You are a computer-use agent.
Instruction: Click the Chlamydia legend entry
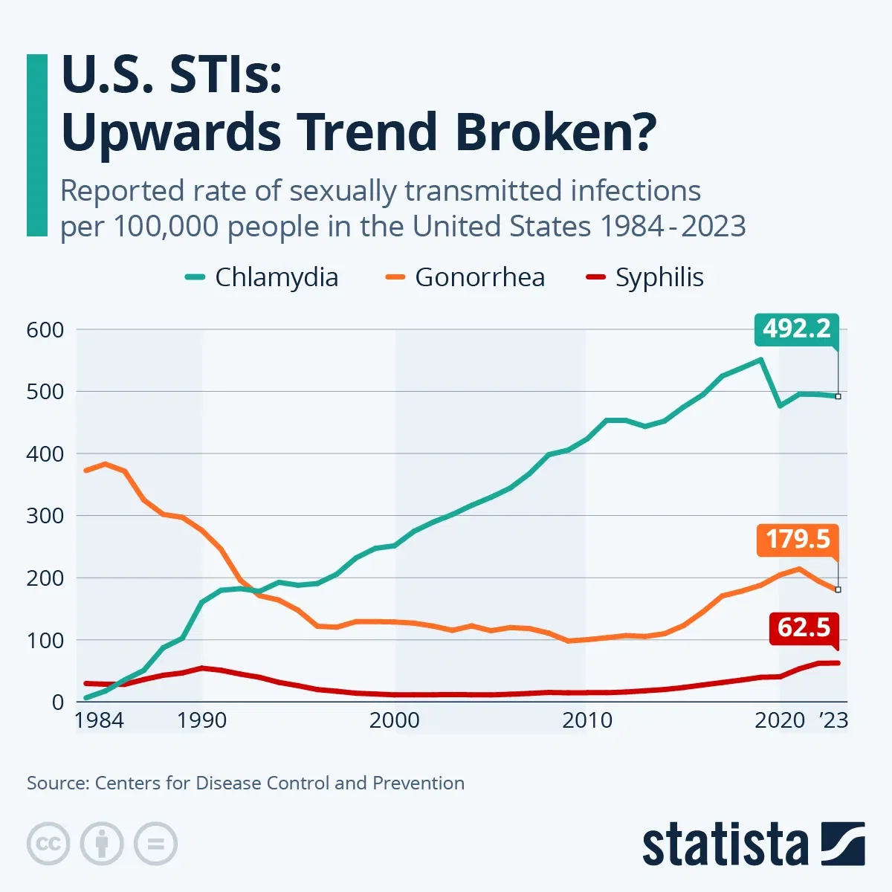click(x=262, y=277)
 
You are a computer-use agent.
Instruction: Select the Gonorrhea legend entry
click(x=466, y=277)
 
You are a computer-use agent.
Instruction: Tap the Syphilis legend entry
click(x=645, y=277)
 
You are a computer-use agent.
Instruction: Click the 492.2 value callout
click(x=796, y=329)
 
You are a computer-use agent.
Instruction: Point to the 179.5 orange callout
click(x=797, y=539)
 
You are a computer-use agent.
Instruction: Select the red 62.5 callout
click(x=803, y=627)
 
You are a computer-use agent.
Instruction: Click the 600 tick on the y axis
click(x=45, y=329)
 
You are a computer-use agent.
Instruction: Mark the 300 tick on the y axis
click(x=45, y=515)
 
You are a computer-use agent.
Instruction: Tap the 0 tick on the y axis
click(x=57, y=702)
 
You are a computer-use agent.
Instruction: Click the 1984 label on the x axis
click(x=99, y=720)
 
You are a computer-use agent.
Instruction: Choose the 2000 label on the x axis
click(x=395, y=720)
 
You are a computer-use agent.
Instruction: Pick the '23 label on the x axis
click(x=833, y=720)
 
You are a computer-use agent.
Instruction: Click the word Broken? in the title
click(x=555, y=132)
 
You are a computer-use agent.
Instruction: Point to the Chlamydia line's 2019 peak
click(x=760, y=360)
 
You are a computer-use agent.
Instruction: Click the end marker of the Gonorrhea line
click(x=838, y=589)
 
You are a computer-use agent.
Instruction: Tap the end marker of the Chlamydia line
click(x=838, y=396)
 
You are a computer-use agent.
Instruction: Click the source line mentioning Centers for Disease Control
click(x=245, y=783)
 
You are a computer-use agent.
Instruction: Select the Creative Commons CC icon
click(x=48, y=844)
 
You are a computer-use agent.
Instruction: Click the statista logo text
click(x=725, y=846)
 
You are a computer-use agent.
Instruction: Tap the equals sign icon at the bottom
click(x=155, y=844)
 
